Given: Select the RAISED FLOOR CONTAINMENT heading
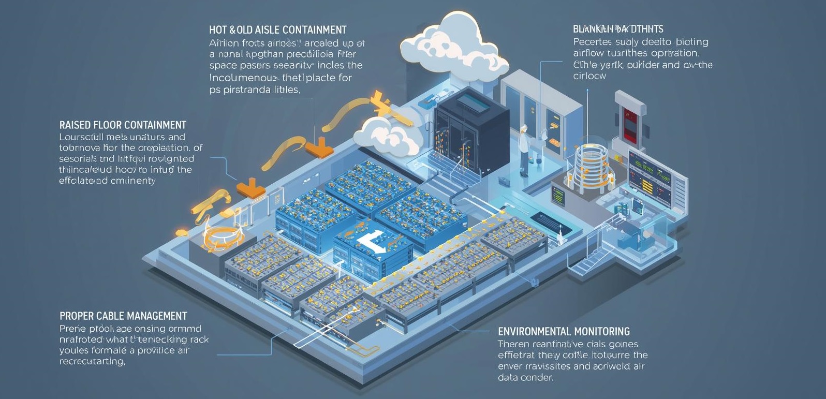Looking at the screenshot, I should tap(123, 125).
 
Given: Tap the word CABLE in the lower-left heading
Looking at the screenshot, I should tap(108, 316).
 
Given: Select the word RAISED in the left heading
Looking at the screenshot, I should tap(75, 125).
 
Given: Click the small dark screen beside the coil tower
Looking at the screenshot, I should tap(558, 195).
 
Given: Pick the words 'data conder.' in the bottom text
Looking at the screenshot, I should tap(525, 378).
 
